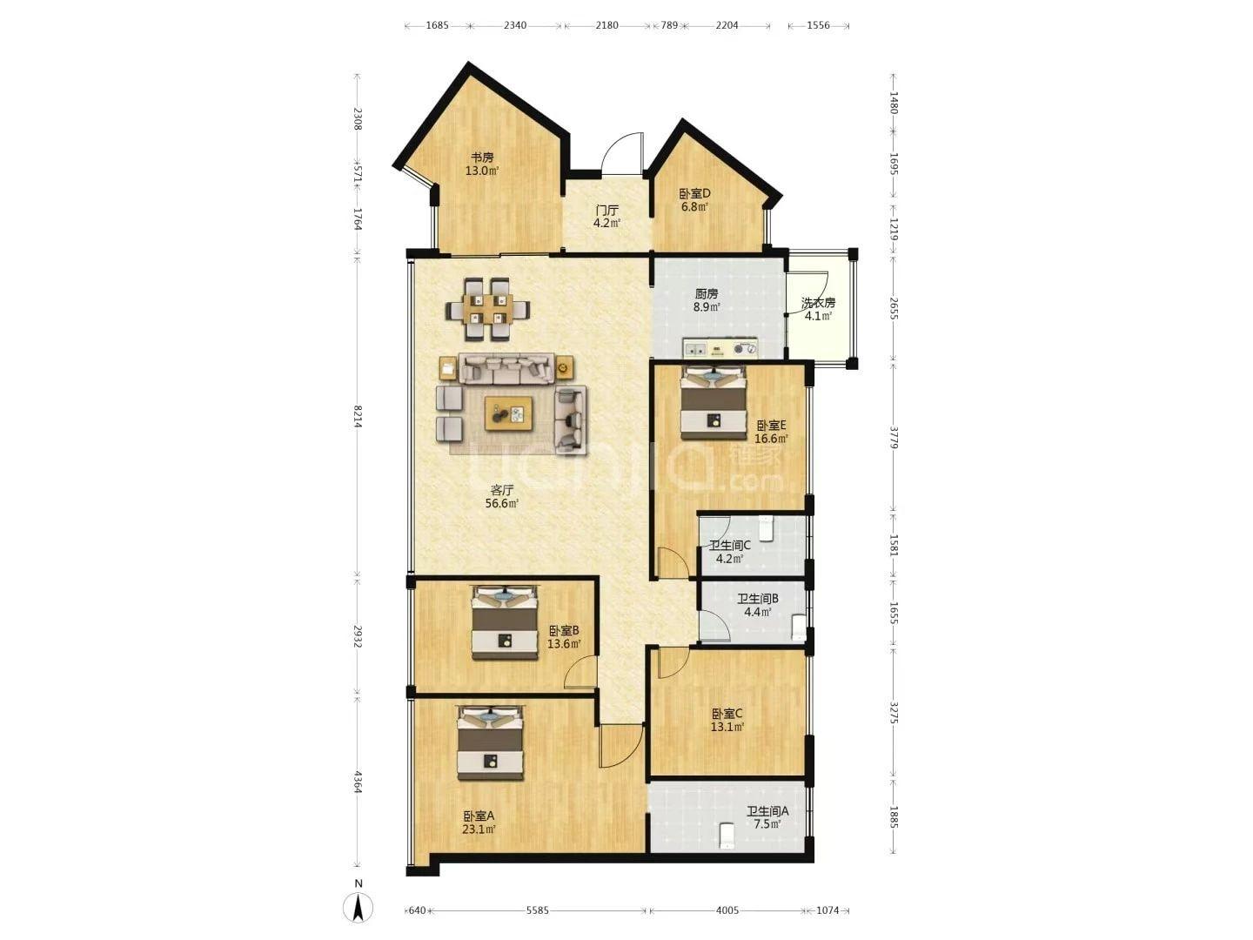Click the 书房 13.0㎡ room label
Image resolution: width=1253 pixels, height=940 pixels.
point(482,164)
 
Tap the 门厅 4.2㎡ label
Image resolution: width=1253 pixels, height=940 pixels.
point(606,217)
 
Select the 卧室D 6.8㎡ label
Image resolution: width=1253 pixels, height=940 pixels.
point(694,200)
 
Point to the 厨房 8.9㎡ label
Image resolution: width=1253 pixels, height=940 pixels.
point(707,300)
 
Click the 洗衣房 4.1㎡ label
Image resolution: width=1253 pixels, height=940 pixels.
point(818,309)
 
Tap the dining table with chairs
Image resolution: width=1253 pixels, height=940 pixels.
point(487,309)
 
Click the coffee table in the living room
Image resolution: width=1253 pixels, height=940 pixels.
point(508,413)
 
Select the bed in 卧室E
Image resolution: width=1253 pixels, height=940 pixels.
point(714,402)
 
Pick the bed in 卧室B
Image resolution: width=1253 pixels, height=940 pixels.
point(505,622)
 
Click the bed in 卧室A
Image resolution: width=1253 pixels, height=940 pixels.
point(491,742)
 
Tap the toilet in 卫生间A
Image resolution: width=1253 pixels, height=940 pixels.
point(726,836)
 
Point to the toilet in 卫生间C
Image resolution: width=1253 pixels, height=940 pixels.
point(765,527)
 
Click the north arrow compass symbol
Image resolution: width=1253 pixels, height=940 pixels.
point(358,907)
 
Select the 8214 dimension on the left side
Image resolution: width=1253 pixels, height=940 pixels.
point(358,416)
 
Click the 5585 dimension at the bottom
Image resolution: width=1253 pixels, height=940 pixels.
point(537,910)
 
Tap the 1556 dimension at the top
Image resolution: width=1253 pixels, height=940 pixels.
point(818,25)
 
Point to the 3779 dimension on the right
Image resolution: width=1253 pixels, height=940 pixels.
point(894,436)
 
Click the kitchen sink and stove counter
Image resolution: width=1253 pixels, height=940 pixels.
point(721,347)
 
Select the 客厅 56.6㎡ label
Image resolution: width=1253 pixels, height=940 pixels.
point(502,496)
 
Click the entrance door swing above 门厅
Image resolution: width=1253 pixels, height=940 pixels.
point(621,153)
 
